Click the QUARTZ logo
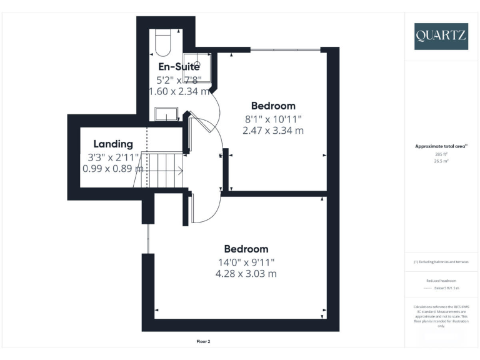[441, 36]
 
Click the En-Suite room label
[179, 67]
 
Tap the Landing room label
[113, 144]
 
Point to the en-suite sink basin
[166, 114]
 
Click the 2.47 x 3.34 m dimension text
[273, 131]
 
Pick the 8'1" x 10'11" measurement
[273, 119]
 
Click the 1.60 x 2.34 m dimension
[179, 91]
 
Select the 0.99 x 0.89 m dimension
[113, 168]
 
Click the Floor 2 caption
[204, 342]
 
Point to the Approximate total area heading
[441, 146]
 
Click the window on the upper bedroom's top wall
[286, 50]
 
